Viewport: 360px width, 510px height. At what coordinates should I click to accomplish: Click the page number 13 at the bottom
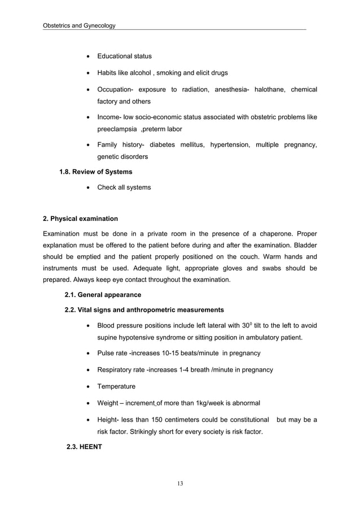pyautogui.click(x=180, y=483)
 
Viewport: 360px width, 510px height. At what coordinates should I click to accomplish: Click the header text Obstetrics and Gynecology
pyautogui.click(x=79, y=26)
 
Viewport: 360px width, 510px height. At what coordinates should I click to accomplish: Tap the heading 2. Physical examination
pyautogui.click(x=81, y=219)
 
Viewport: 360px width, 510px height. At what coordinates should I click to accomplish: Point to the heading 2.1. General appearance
pyautogui.click(x=103, y=295)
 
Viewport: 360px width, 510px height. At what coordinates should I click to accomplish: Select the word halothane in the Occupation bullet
pyautogui.click(x=271, y=90)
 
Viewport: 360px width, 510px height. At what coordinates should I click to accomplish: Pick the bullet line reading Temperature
pyautogui.click(x=116, y=387)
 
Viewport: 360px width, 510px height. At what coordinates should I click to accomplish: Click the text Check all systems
pyautogui.click(x=124, y=188)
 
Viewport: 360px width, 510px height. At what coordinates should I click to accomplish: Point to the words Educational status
pyautogui.click(x=124, y=56)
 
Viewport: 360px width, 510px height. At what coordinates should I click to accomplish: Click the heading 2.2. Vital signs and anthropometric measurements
pyautogui.click(x=144, y=310)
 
